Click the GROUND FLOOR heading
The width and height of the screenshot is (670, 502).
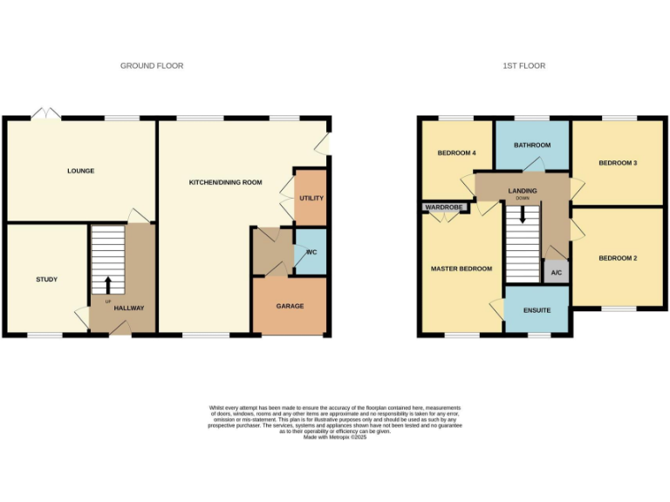[152, 66]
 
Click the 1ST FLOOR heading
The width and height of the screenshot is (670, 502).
[525, 66]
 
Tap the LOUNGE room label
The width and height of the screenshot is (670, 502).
[80, 171]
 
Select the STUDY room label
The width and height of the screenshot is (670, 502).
[46, 280]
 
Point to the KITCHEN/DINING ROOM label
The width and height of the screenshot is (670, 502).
[226, 183]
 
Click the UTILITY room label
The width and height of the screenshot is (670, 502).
[311, 199]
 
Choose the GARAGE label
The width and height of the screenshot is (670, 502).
[290, 307]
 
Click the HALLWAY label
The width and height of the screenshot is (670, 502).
[129, 309]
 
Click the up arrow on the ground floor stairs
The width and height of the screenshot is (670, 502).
[108, 285]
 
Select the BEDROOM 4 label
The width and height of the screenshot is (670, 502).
[456, 153]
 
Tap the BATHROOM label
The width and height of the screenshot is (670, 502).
[532, 146]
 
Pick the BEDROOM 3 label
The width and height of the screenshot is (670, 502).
[618, 163]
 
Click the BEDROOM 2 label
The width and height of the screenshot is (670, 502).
[618, 258]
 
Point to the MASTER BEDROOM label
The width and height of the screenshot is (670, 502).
[461, 268]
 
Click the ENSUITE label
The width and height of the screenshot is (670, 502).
[537, 310]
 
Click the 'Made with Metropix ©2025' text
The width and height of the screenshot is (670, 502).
[335, 438]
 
